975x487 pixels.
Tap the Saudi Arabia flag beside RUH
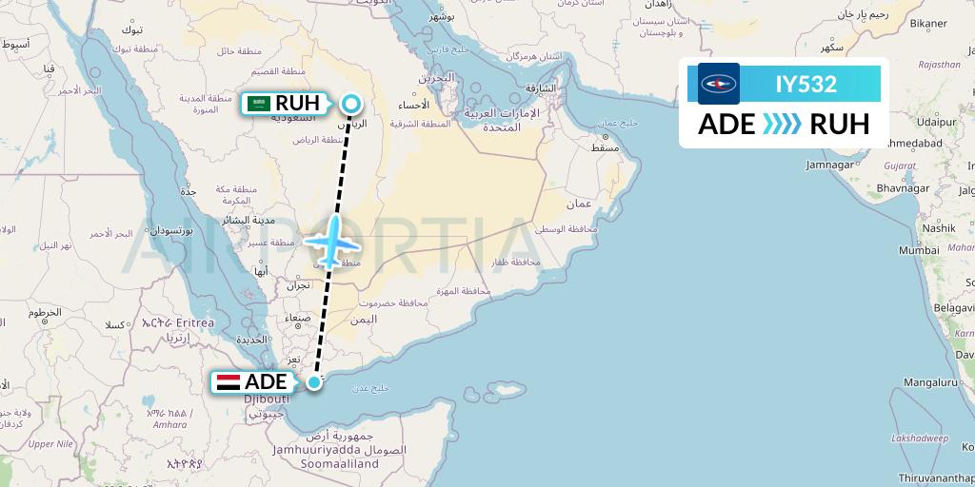(258, 104)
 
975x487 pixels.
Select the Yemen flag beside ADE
(229, 382)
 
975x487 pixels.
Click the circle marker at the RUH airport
(351, 104)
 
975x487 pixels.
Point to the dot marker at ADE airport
(313, 382)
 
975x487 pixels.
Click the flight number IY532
(806, 84)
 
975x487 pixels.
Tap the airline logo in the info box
(719, 84)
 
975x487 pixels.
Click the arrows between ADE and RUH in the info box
(783, 125)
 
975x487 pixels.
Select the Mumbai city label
(919, 250)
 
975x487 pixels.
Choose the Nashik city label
(938, 228)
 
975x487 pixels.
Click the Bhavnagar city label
(904, 188)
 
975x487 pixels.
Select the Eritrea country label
(195, 323)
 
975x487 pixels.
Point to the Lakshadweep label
(920, 438)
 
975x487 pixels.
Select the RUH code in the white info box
(839, 125)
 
